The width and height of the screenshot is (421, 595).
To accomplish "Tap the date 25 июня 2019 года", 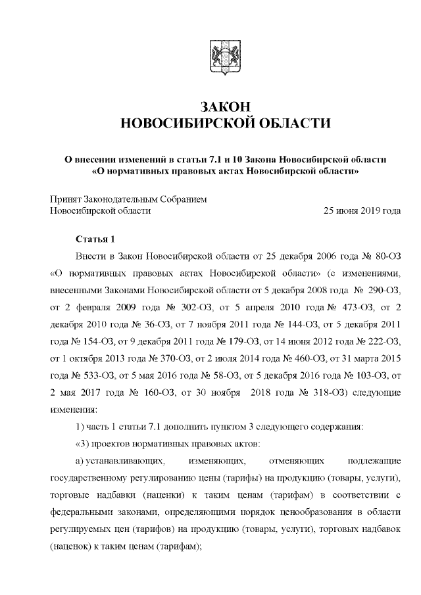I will pos(362,210).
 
